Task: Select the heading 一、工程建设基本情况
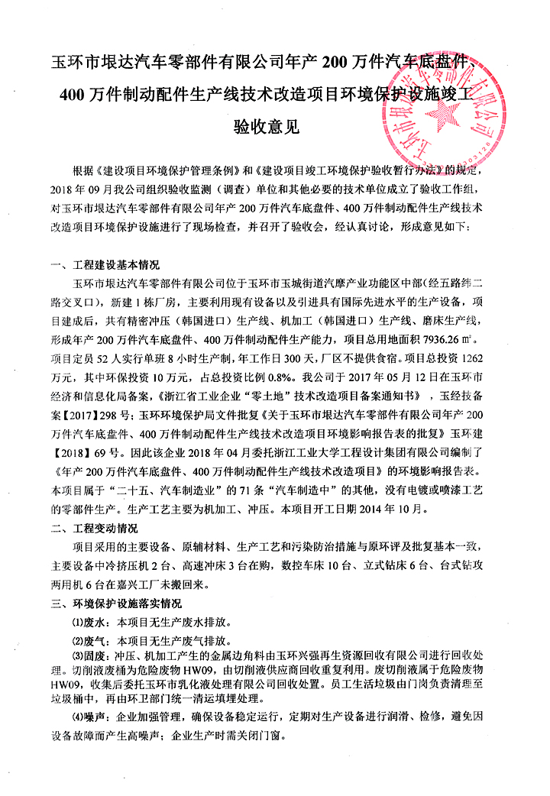tap(105, 266)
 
